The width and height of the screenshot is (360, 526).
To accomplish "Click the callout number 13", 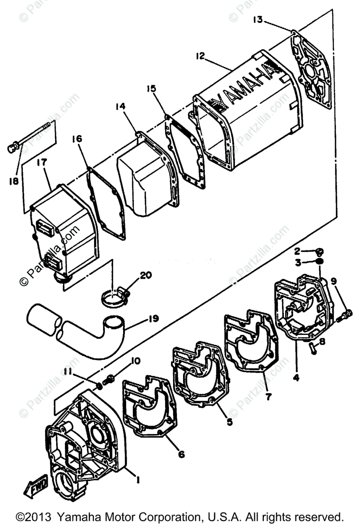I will [x=258, y=20].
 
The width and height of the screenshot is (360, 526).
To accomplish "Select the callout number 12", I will [x=200, y=57].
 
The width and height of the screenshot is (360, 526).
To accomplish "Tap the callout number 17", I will [x=42, y=163].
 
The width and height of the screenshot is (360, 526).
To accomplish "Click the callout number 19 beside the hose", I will [x=153, y=319].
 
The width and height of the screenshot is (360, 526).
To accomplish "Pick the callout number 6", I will [x=181, y=455].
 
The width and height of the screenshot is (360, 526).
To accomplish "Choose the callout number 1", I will [x=138, y=480].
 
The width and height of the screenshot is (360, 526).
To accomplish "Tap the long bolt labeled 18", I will [x=31, y=137].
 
